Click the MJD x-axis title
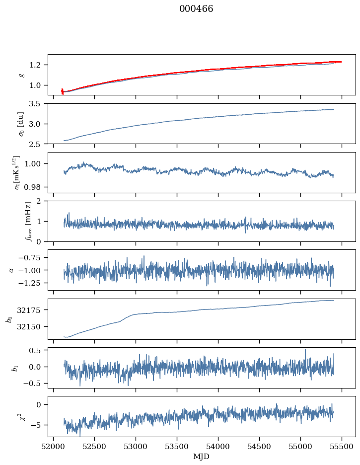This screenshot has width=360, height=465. click(202, 456)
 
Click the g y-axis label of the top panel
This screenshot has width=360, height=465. click(21, 75)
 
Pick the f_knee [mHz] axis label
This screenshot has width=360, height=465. click(14, 221)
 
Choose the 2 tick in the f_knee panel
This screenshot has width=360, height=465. click(43, 201)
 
